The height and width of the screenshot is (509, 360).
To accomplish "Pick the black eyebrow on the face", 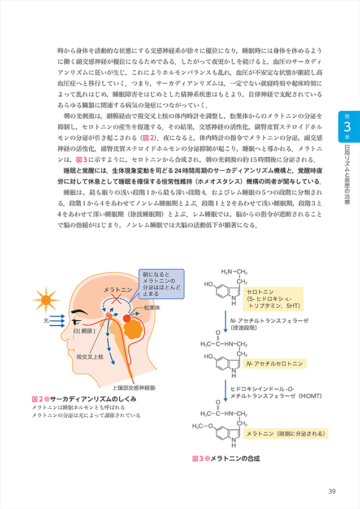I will [80, 311].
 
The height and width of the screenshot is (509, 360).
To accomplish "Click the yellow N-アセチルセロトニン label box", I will [274, 364].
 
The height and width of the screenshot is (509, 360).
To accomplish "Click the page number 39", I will [332, 490].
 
